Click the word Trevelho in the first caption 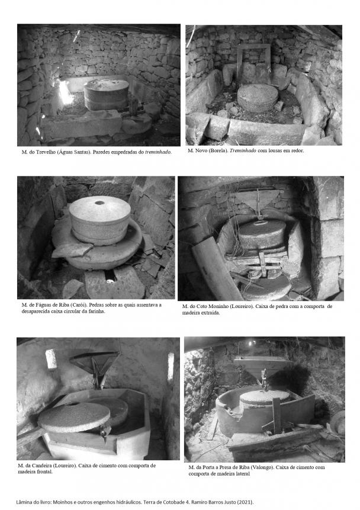[46, 152]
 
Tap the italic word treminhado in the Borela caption [243, 150]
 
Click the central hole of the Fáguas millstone [99, 203]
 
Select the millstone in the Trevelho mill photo [107, 94]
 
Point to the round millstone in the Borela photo [258, 98]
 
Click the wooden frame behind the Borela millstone [253, 62]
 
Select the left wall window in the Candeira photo [51, 359]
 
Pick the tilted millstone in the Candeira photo [74, 418]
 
